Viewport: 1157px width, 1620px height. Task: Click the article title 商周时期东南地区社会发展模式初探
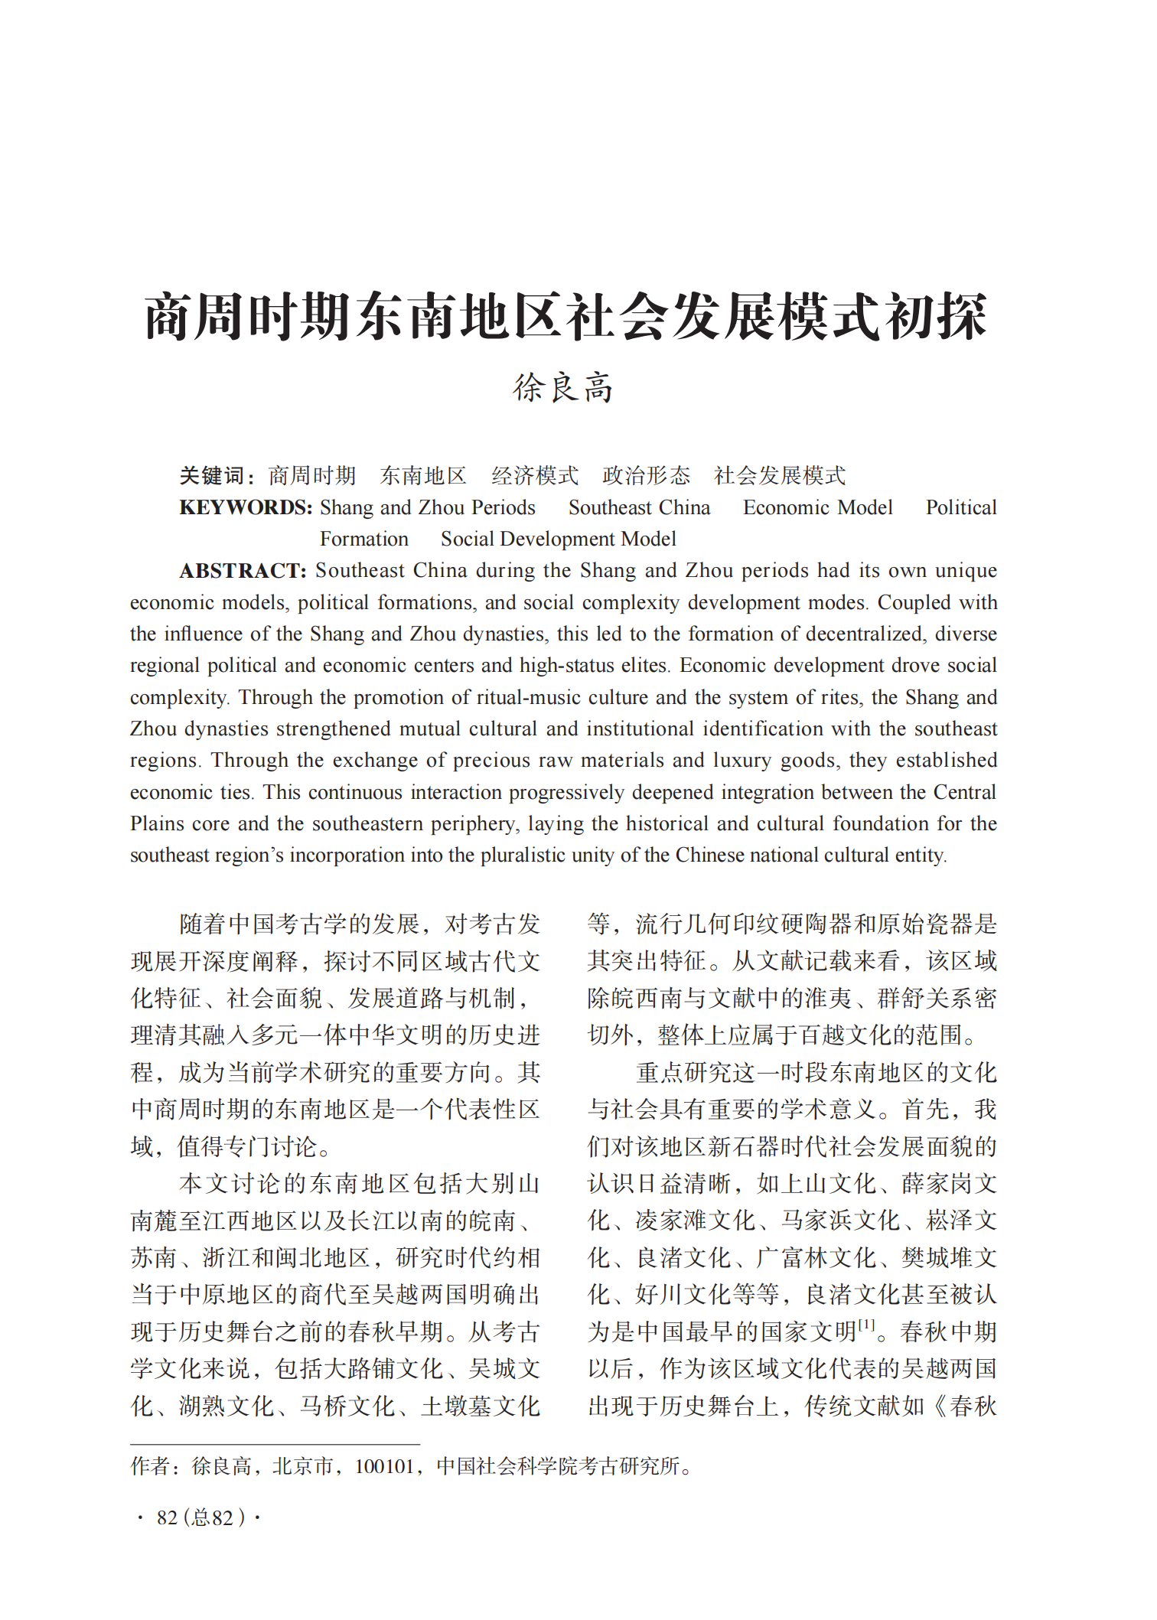(565, 317)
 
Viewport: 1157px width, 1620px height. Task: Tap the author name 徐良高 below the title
(563, 388)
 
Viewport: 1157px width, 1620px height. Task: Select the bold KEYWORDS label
(245, 508)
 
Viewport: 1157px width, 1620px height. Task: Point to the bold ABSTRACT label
(243, 571)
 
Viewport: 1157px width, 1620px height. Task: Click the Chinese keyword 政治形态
(646, 476)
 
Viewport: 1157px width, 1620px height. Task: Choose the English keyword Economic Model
(817, 508)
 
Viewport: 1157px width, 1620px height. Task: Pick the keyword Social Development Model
(558, 539)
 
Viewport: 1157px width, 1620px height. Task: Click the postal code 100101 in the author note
(384, 1467)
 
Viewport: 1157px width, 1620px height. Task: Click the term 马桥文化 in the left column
(347, 1406)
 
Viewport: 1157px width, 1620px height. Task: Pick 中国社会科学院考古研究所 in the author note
(558, 1467)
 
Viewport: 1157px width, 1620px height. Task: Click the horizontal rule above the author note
(275, 1445)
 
